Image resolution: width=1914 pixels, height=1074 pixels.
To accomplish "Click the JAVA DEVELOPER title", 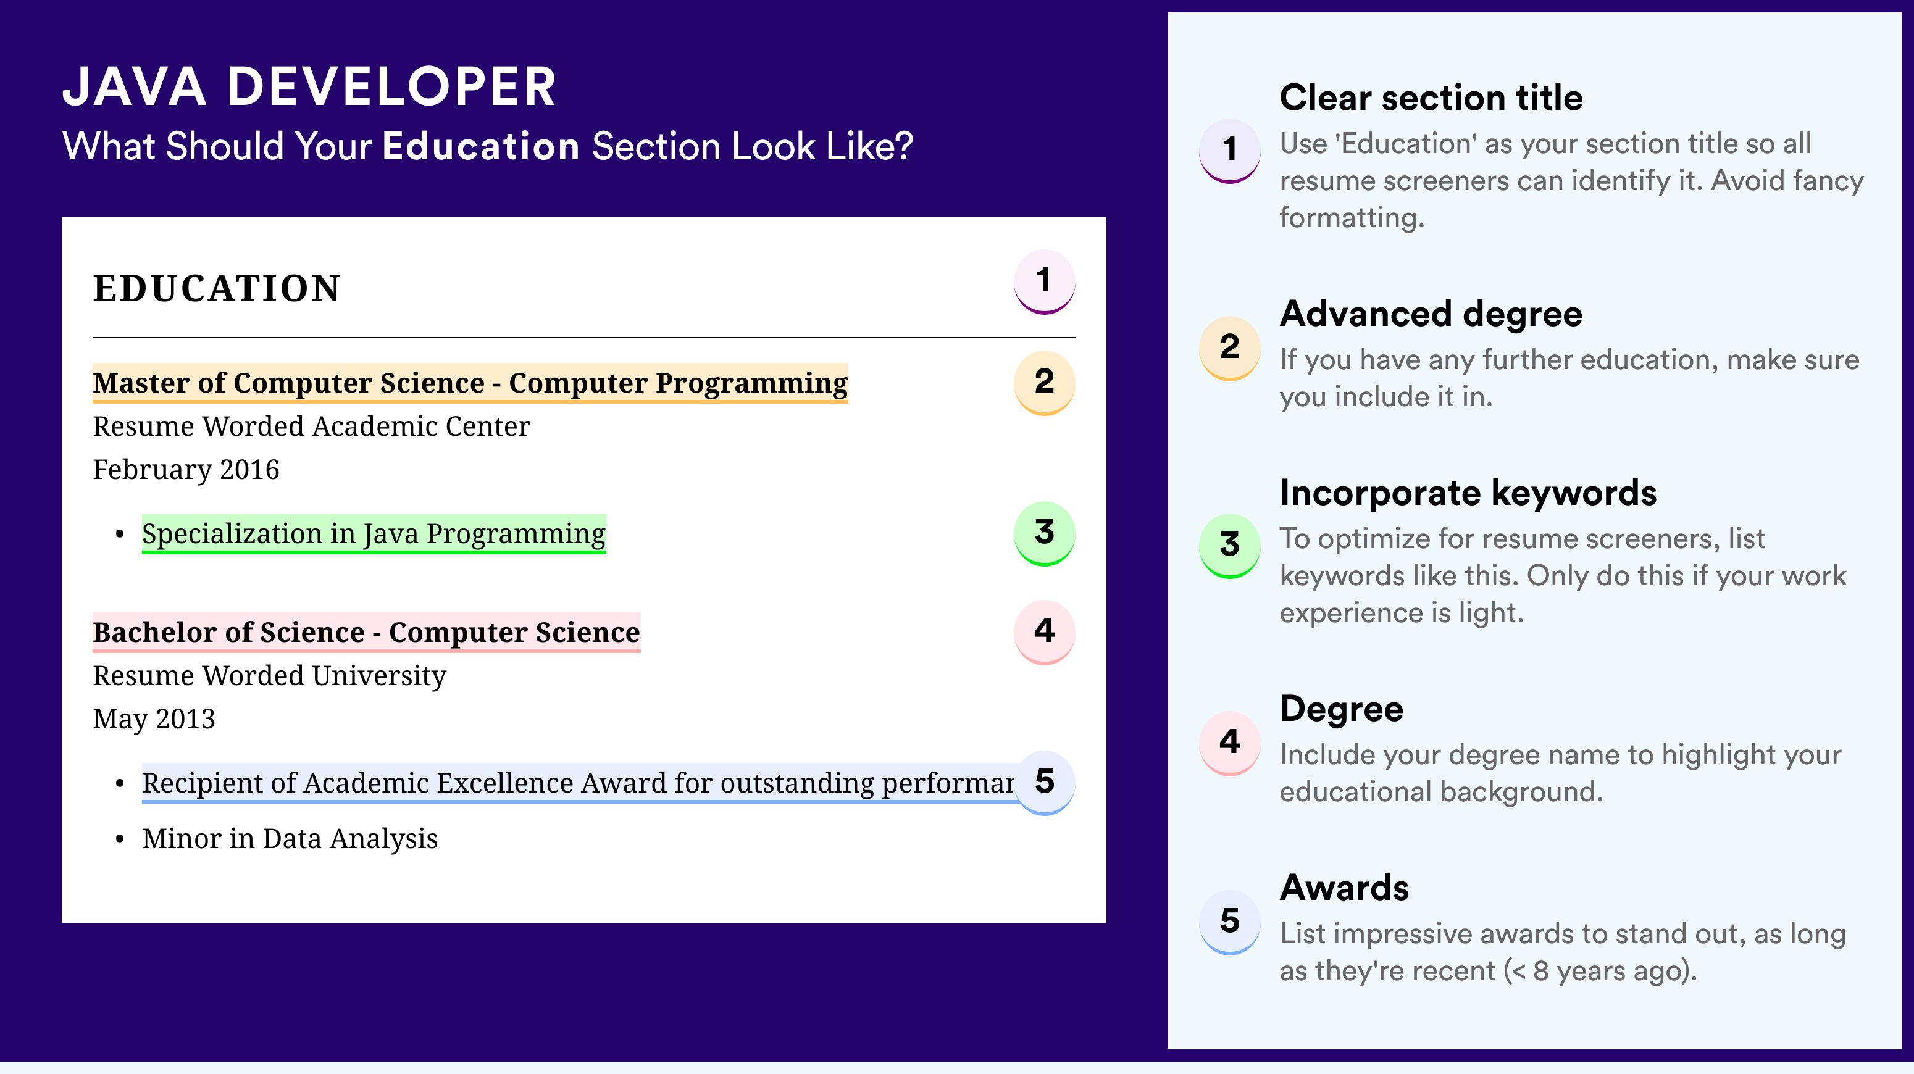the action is tap(309, 87).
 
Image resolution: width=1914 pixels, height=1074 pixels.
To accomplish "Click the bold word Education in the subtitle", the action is tap(481, 146).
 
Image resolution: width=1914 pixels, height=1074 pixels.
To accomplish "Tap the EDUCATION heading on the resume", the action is tap(216, 288).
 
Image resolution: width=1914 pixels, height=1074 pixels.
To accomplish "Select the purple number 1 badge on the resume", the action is tap(1044, 281).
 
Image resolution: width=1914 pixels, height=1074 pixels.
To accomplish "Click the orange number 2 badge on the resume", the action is tap(1044, 383).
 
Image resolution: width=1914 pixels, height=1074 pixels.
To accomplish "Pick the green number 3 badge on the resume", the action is tap(1044, 533).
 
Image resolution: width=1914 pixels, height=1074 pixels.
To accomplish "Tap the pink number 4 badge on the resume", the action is tap(1044, 632).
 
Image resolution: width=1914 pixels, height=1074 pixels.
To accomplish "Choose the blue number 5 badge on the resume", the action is tap(1044, 783).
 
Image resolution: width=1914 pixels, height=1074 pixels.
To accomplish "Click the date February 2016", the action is tap(186, 469).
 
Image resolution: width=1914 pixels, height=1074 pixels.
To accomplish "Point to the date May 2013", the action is tap(154, 719).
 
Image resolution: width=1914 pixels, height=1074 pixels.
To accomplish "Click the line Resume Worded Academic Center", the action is tap(311, 427).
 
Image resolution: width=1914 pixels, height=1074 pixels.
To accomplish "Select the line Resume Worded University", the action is tap(270, 676).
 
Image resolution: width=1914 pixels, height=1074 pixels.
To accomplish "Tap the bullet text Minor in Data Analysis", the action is tap(290, 839).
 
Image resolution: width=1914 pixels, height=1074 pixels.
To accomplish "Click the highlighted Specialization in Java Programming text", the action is tap(374, 534).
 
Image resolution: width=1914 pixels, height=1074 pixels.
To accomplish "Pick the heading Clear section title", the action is tap(1431, 98).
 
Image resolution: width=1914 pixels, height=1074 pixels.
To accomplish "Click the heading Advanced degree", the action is tap(1431, 314).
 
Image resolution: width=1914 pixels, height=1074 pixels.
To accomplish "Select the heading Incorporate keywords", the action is tap(1468, 493).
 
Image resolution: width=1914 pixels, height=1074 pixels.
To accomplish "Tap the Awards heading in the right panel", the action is tap(1344, 888).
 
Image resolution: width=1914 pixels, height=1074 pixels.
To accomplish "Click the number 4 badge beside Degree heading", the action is tap(1230, 743).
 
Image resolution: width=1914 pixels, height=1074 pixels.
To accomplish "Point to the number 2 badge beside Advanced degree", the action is tap(1230, 348).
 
